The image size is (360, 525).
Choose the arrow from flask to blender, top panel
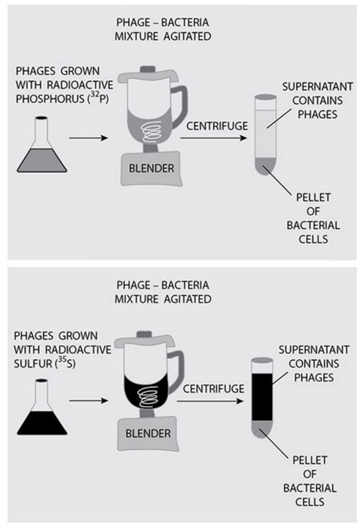[x=89, y=138]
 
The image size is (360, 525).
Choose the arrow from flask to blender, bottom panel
[x=89, y=401]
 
